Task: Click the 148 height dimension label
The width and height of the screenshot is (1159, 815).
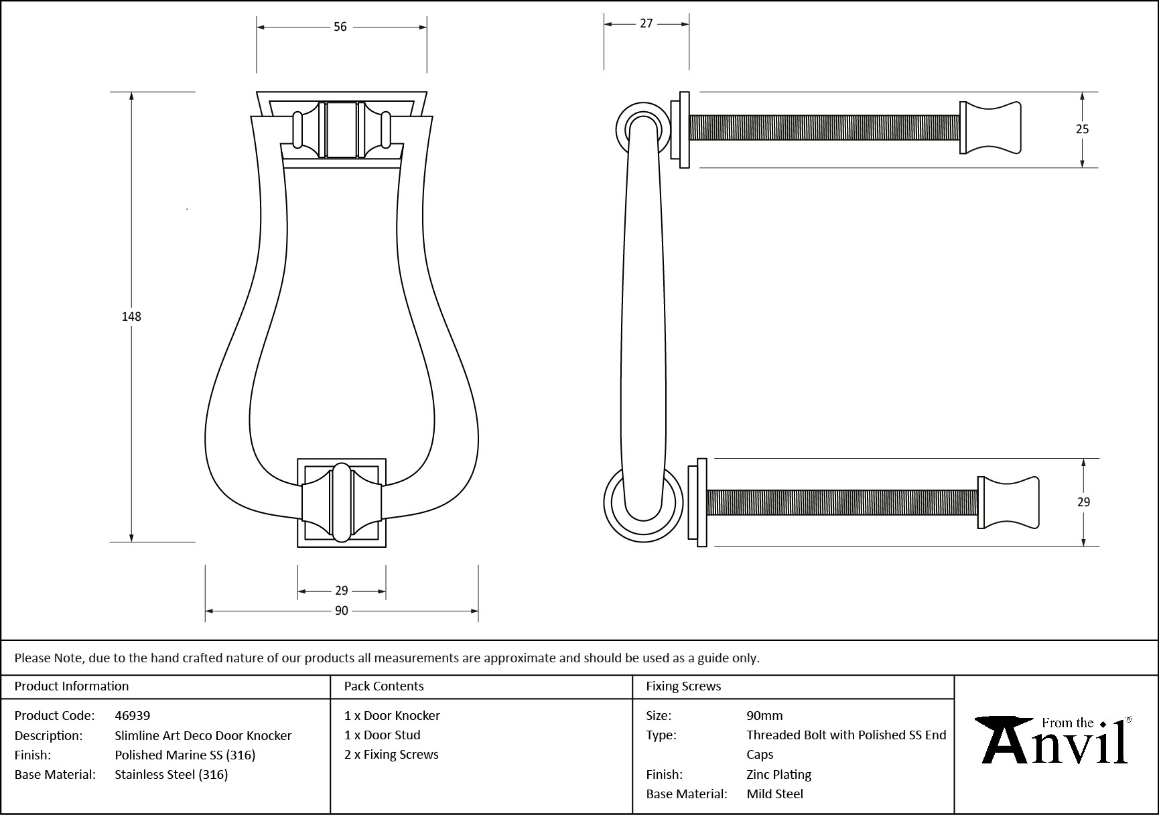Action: click(131, 317)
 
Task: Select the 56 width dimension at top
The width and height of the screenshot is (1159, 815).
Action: click(340, 27)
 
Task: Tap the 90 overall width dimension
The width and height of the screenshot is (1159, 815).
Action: click(342, 611)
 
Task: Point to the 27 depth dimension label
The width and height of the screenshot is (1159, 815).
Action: click(646, 23)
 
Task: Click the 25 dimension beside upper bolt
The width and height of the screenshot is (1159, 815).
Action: click(1083, 129)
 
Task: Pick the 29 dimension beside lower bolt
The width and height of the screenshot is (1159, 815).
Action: click(1083, 502)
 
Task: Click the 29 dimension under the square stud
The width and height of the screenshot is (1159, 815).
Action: click(342, 591)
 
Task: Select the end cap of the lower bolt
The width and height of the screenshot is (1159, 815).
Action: click(1008, 502)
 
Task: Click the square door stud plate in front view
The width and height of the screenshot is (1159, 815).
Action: click(342, 502)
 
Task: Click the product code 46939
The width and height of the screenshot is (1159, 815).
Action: click(133, 715)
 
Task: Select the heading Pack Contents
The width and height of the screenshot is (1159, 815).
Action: click(384, 686)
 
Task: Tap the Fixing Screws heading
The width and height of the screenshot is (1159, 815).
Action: click(683, 686)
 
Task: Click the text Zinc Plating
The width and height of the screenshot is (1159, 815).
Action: click(778, 774)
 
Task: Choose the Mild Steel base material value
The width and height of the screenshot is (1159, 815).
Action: click(774, 794)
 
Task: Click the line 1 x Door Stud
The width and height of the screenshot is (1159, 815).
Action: click(383, 735)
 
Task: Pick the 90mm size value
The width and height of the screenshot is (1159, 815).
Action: click(764, 715)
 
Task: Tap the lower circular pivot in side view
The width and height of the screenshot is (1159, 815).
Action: click(643, 504)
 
